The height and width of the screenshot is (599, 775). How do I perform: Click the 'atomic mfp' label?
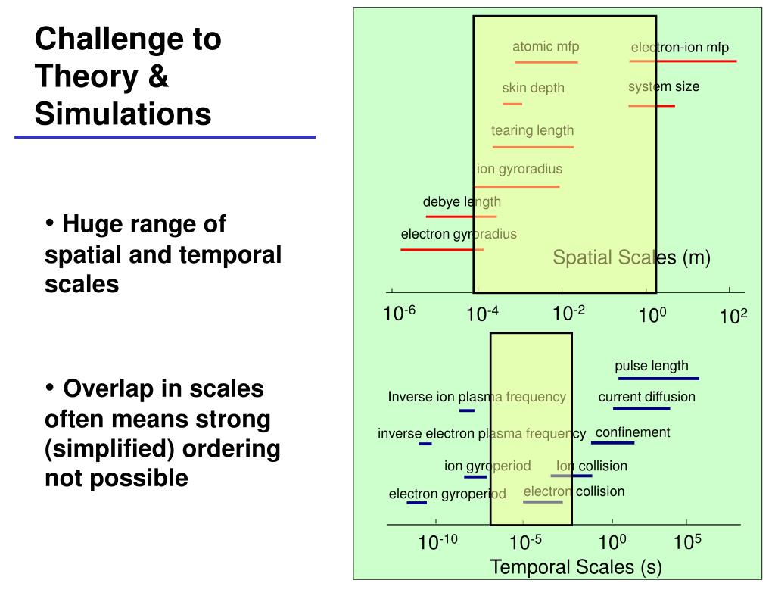tap(546, 47)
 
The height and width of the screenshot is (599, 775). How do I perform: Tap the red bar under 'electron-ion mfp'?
tap(683, 61)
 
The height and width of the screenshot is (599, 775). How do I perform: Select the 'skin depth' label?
tap(533, 88)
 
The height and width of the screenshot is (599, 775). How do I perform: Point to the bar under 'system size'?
tap(651, 106)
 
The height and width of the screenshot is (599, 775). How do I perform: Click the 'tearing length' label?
tap(532, 130)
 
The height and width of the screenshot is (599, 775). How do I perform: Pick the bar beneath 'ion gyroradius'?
tap(517, 186)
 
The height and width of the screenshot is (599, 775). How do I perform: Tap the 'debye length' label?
tap(462, 202)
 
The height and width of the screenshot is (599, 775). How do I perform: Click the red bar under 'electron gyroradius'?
tap(442, 249)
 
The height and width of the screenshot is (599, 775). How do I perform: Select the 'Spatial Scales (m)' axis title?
tap(631, 258)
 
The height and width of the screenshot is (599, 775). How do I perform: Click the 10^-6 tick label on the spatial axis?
tap(400, 313)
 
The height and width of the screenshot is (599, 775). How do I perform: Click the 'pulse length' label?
tap(652, 367)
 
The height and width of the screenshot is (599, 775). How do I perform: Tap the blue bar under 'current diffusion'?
tap(641, 409)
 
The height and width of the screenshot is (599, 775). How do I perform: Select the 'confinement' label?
tap(633, 433)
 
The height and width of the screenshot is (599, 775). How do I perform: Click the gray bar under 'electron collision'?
tap(543, 502)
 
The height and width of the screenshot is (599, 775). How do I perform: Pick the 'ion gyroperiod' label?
tap(487, 466)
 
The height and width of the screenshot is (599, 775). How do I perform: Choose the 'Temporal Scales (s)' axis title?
tap(576, 567)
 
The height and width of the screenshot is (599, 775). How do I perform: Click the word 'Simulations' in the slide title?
tap(123, 114)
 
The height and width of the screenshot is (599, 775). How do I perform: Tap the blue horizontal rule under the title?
tap(165, 138)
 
